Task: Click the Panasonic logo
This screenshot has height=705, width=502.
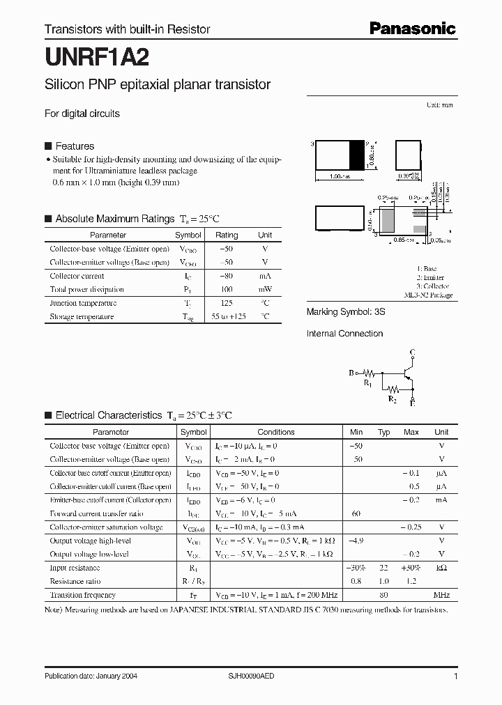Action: [x=412, y=29]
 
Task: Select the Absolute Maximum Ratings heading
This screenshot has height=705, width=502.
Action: [x=114, y=219]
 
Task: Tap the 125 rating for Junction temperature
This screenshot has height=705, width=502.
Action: [x=227, y=303]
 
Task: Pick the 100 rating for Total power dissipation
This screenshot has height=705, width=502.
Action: [x=227, y=289]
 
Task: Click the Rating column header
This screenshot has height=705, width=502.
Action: [x=227, y=235]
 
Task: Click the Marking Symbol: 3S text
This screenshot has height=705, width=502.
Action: [x=346, y=313]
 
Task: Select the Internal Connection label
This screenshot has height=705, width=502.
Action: [x=344, y=334]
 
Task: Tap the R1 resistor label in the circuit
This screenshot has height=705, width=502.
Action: [x=368, y=383]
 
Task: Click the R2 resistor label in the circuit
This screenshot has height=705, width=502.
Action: [x=393, y=398]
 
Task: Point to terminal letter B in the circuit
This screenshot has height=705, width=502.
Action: [x=351, y=373]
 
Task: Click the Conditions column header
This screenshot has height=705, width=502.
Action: [x=276, y=432]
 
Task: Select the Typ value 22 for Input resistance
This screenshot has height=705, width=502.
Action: [x=383, y=568]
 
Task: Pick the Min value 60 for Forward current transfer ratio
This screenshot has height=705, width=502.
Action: [x=356, y=513]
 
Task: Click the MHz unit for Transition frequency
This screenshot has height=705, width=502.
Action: [x=441, y=595]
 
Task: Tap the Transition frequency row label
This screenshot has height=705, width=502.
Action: [x=82, y=595]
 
